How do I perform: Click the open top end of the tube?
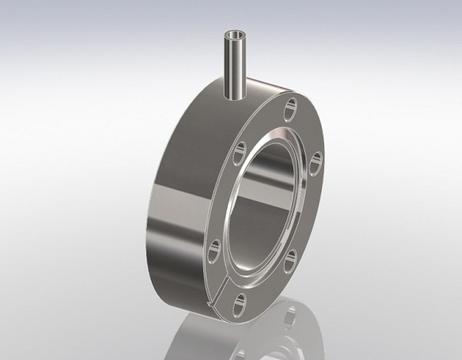click(234, 35)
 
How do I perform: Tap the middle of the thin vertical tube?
click(234, 65)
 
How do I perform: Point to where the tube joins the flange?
click(235, 96)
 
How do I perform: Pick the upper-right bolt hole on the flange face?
click(314, 160)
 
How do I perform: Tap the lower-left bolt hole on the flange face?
click(215, 248)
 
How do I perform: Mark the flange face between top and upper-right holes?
click(305, 131)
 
